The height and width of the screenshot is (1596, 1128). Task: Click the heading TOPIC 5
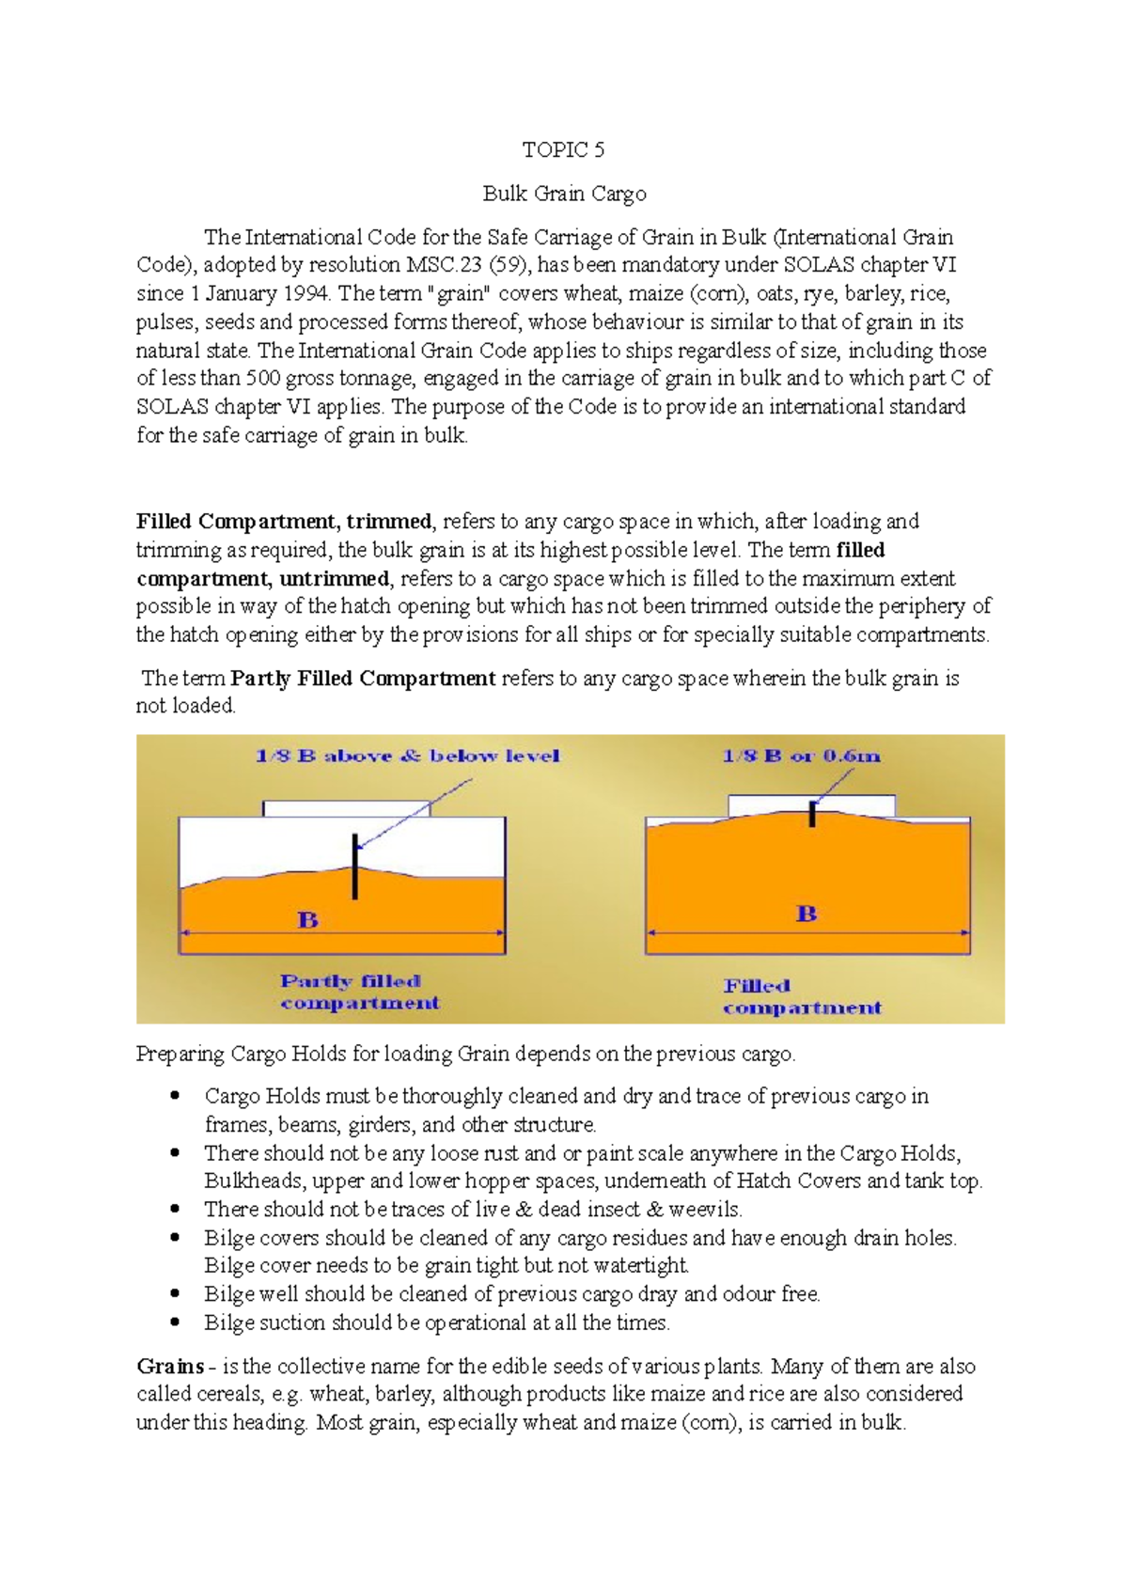[563, 149]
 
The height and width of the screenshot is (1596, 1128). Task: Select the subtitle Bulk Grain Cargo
[564, 194]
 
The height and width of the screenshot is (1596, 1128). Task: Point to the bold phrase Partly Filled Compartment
[363, 678]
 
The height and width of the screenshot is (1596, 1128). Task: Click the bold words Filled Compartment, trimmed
[284, 522]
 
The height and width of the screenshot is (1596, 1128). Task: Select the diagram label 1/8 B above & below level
[407, 756]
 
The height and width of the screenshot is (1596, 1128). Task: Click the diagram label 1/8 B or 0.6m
[801, 756]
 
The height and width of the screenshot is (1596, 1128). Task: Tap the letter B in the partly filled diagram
[308, 920]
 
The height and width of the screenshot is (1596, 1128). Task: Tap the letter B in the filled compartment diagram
[807, 914]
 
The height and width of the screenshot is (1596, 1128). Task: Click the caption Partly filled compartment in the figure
[359, 992]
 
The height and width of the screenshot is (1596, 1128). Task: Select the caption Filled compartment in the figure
[801, 996]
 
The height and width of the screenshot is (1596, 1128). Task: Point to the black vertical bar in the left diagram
[354, 866]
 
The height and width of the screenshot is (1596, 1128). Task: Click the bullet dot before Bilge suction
[175, 1322]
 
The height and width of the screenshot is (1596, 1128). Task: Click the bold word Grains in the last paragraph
[170, 1366]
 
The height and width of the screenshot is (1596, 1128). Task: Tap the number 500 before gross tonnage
[262, 379]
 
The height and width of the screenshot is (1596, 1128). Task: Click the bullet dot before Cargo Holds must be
[175, 1095]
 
